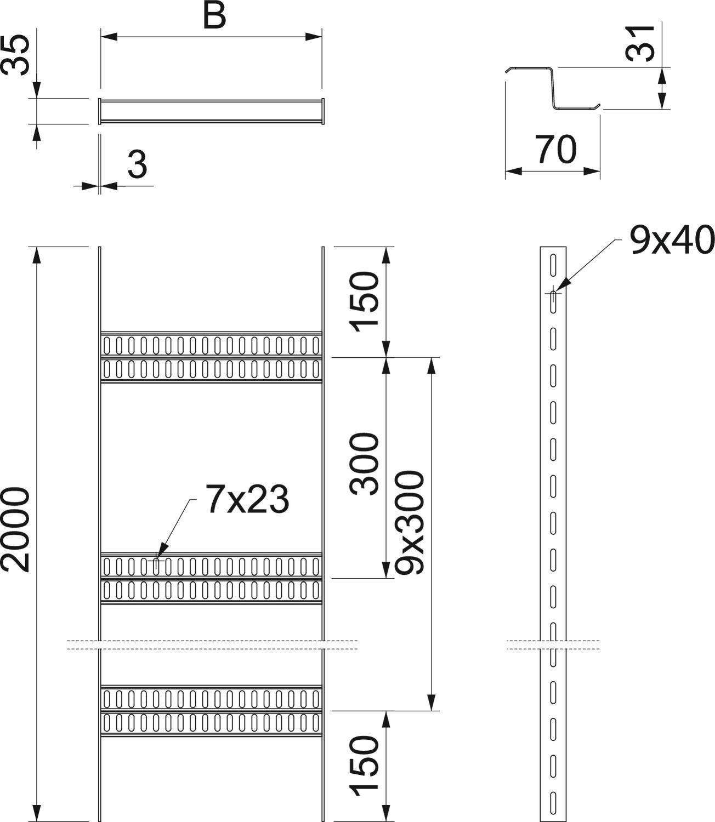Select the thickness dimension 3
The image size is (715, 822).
tap(137, 164)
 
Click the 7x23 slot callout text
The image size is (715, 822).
tap(247, 499)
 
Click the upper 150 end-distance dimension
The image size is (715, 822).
tap(365, 302)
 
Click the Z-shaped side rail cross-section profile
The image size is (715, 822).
tap(553, 88)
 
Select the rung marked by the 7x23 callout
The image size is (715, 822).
tap(211, 578)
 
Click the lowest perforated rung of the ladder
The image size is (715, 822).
tap(211, 711)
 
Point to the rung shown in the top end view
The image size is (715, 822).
tap(211, 111)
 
